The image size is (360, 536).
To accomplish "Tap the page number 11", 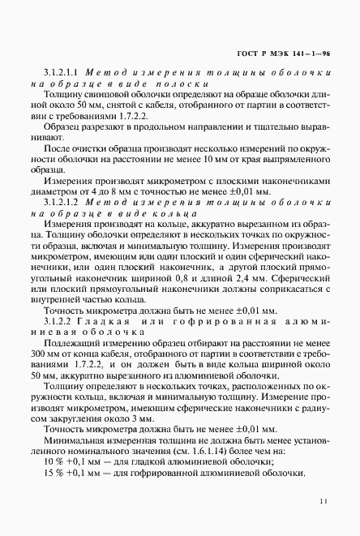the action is point(324,502).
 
